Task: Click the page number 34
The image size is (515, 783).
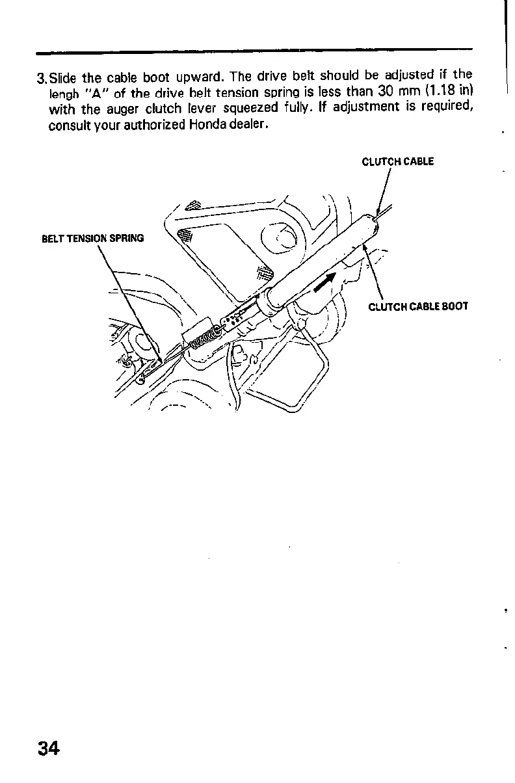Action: (x=49, y=749)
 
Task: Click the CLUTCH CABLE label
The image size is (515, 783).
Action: (x=397, y=162)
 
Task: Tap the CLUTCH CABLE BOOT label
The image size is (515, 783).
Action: (x=417, y=306)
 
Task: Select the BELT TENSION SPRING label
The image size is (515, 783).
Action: (x=92, y=238)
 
